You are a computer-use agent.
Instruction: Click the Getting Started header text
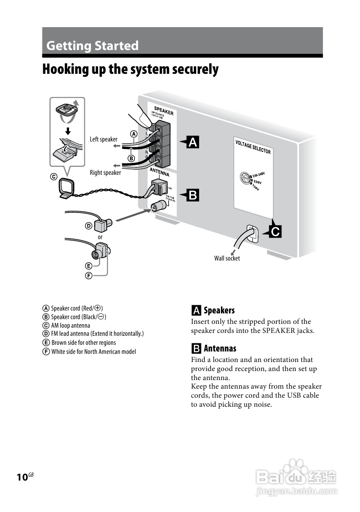92,46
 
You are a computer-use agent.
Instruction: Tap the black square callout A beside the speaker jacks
193,142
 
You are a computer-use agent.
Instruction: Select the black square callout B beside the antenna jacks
193,195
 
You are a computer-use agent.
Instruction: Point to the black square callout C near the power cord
275,232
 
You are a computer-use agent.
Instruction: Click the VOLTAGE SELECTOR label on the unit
253,147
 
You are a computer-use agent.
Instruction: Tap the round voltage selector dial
246,178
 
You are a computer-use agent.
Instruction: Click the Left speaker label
103,139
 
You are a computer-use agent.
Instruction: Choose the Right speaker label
105,172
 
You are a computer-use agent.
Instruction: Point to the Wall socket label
227,258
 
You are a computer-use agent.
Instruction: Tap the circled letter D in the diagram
89,226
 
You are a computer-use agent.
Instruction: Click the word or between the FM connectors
100,237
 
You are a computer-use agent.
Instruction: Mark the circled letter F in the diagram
89,276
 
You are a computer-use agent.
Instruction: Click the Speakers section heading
219,311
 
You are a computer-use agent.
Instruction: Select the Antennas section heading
220,348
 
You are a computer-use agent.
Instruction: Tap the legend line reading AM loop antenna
70,325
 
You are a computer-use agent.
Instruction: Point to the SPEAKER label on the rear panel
163,110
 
